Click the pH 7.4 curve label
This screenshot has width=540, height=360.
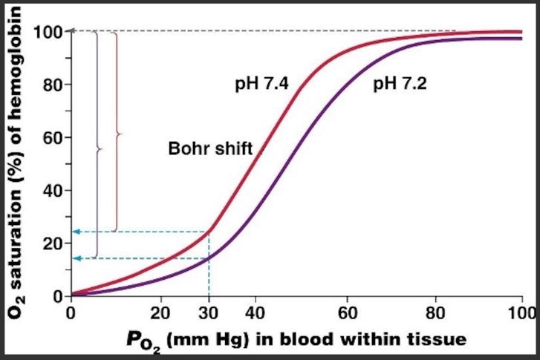point(259,84)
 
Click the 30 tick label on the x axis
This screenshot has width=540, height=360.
point(209,311)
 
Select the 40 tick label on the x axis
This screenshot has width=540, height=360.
point(255,311)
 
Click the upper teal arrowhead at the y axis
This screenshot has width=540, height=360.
point(76,232)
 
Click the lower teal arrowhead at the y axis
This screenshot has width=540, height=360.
point(76,258)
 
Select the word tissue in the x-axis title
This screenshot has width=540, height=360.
point(438,339)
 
